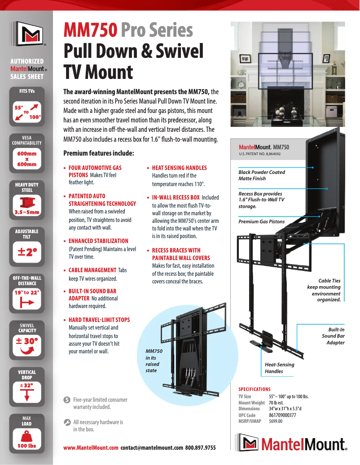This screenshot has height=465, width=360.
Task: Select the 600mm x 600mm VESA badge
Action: (x=26, y=159)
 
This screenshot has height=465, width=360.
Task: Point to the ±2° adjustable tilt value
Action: (x=26, y=252)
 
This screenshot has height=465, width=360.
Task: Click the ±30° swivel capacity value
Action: (x=27, y=342)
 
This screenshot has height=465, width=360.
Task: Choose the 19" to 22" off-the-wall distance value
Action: (x=26, y=292)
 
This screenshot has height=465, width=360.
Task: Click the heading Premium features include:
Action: (x=99, y=153)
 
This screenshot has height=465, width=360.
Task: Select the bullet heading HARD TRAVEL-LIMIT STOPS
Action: (x=99, y=320)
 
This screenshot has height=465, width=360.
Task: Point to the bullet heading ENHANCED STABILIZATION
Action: (x=98, y=241)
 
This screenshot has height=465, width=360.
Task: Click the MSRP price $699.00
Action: (x=276, y=422)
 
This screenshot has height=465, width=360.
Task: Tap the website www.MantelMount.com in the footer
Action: (x=91, y=448)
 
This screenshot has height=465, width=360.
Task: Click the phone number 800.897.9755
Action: (x=200, y=448)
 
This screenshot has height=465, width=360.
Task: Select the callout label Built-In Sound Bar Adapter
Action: (x=333, y=336)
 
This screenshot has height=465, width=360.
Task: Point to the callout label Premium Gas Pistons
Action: (x=261, y=222)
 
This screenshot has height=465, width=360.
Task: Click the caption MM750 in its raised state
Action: (x=154, y=361)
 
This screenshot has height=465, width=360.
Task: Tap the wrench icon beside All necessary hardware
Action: (x=67, y=422)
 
